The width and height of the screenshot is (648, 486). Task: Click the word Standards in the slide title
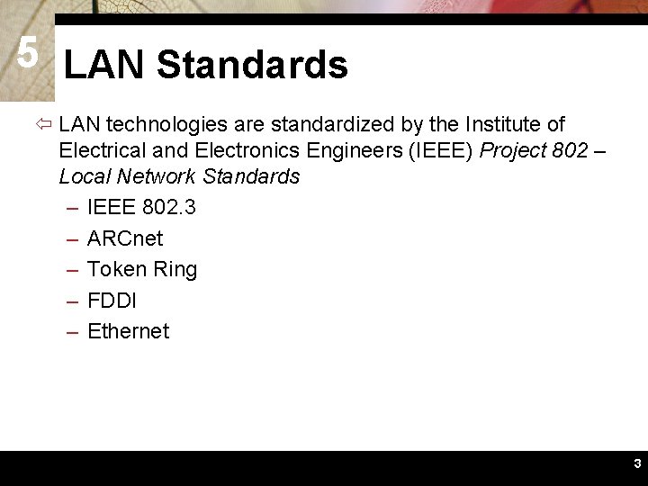point(251,65)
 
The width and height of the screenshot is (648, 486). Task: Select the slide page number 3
point(636,464)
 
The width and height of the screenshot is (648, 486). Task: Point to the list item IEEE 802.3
point(141,208)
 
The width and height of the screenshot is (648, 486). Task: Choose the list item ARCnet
point(125,238)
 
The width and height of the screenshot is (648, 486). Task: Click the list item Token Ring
point(142,269)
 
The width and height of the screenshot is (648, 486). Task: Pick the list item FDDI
point(112,300)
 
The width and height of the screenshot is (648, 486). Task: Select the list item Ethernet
point(128,331)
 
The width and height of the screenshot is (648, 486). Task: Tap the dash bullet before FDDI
point(72,300)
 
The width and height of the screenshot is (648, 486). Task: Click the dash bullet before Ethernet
point(72,331)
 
